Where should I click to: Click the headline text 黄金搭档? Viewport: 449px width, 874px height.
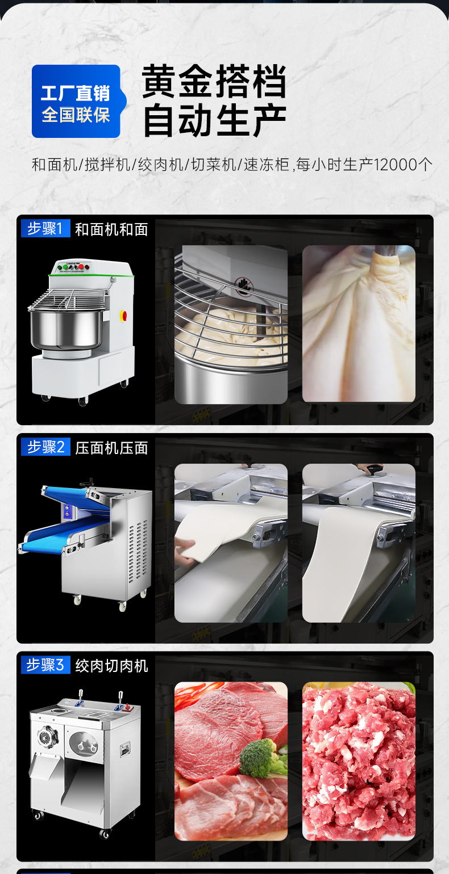214,82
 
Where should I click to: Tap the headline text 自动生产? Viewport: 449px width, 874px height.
214,120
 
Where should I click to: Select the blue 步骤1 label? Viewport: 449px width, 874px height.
45,229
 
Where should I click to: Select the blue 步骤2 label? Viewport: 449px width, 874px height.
45,447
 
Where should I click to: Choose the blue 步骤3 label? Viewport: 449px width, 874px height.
45,665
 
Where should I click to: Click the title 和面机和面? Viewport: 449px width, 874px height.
111,229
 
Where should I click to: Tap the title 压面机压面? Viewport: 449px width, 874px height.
111,448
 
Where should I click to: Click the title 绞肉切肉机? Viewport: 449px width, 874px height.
111,666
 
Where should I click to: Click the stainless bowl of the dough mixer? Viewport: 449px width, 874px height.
66,329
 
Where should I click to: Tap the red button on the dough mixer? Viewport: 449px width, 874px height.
123,316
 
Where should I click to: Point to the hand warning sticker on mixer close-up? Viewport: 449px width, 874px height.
243,285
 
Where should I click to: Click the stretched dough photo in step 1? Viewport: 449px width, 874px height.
359,323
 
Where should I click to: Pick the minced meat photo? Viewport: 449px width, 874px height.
359,760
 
